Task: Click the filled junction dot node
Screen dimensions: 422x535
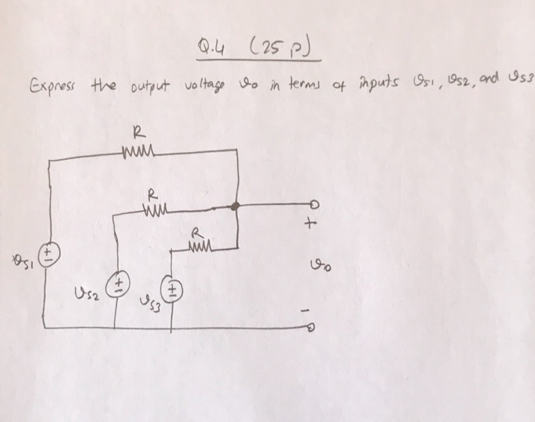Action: coord(236,206)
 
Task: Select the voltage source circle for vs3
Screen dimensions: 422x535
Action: coord(170,289)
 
